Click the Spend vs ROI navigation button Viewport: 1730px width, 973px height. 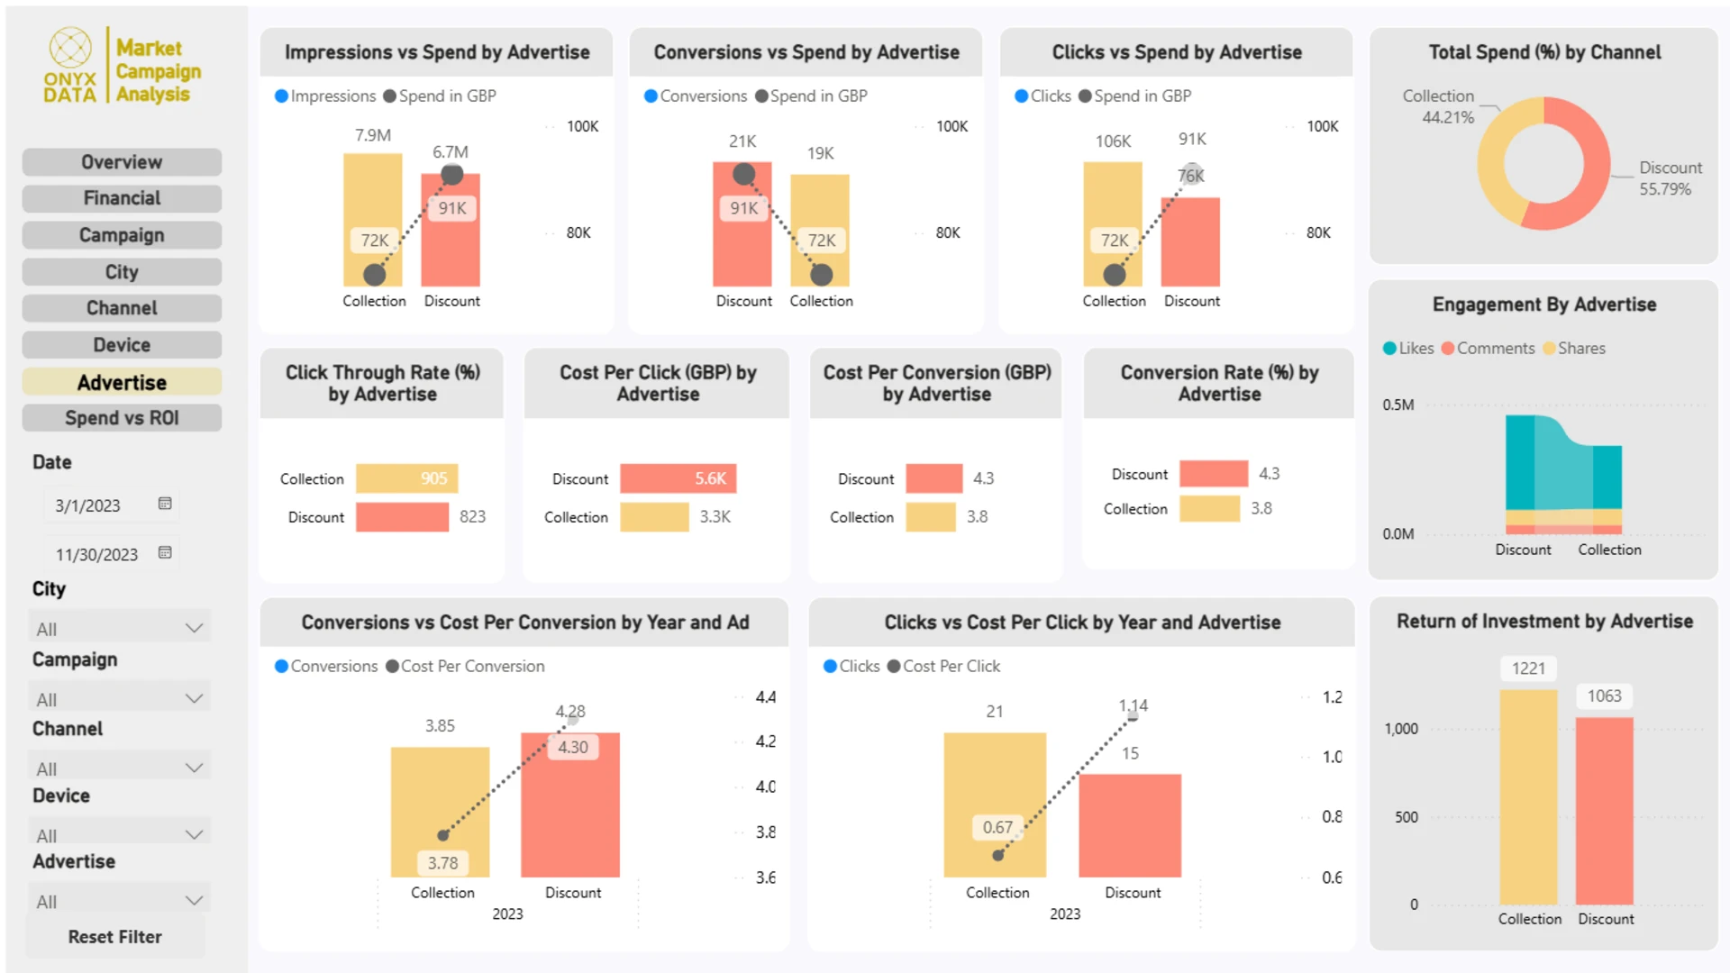pyautogui.click(x=122, y=418)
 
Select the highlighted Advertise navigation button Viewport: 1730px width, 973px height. pyautogui.click(x=122, y=382)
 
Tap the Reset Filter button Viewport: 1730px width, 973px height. pyautogui.click(x=115, y=937)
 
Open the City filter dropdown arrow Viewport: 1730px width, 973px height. pyautogui.click(x=194, y=628)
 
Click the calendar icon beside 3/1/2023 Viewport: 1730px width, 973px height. pyautogui.click(x=165, y=504)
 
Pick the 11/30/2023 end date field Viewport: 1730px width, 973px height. pyautogui.click(x=97, y=554)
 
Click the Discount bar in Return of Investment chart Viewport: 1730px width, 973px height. pyautogui.click(x=1604, y=811)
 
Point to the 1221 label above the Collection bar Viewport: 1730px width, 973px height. pyautogui.click(x=1528, y=668)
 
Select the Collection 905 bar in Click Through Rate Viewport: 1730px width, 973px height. pyautogui.click(x=406, y=478)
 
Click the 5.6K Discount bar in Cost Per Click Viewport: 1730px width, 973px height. pyautogui.click(x=678, y=478)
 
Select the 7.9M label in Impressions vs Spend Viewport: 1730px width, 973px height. pyautogui.click(x=373, y=135)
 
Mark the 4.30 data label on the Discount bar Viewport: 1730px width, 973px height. pyautogui.click(x=572, y=747)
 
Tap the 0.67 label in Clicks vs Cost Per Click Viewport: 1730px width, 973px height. pyautogui.click(x=997, y=827)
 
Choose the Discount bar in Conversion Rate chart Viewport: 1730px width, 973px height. pyautogui.click(x=1213, y=474)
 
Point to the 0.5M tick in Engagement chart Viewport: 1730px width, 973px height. pyautogui.click(x=1398, y=405)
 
